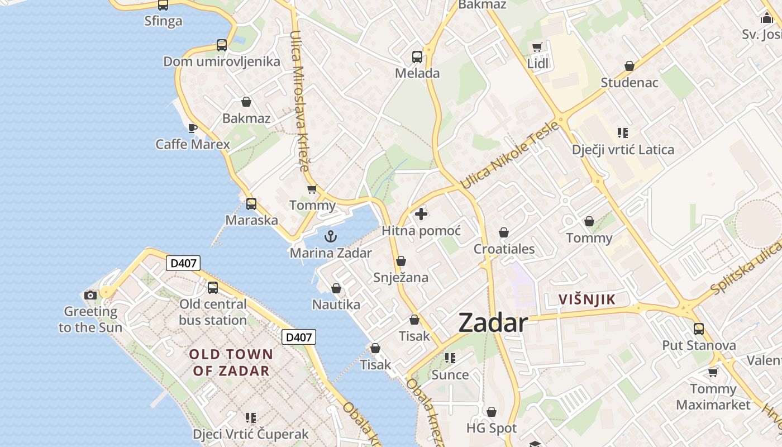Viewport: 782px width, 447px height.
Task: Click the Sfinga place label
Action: [x=163, y=21]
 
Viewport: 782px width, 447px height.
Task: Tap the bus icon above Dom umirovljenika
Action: [x=222, y=45]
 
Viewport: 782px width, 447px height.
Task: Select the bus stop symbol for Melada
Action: [x=417, y=56]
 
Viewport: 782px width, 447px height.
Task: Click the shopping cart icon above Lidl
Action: [x=537, y=47]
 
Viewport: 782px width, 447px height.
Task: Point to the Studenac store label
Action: [x=630, y=83]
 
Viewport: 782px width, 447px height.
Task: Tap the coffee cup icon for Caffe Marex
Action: [x=193, y=128]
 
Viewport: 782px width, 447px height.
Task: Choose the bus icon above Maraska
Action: [x=251, y=204]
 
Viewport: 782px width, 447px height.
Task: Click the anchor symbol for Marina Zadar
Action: [x=331, y=236]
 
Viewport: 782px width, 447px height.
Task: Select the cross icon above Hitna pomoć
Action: [x=421, y=214]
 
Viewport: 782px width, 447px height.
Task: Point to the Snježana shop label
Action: [x=400, y=277]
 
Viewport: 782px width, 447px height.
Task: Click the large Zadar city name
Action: [x=493, y=323]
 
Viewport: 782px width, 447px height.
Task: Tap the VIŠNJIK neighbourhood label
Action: [x=587, y=299]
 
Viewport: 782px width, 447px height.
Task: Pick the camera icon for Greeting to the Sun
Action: [x=90, y=295]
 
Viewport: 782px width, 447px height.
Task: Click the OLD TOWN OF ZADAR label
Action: [x=231, y=362]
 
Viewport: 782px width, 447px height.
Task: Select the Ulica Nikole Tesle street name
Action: [x=509, y=155]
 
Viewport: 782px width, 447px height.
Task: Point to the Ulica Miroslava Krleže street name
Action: [x=300, y=101]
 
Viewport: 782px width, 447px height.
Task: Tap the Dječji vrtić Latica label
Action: [x=623, y=150]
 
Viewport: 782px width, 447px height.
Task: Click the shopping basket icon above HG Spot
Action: [x=492, y=412]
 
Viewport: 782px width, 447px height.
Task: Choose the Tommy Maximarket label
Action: [x=713, y=397]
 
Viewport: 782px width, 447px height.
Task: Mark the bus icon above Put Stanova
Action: [x=699, y=329]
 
